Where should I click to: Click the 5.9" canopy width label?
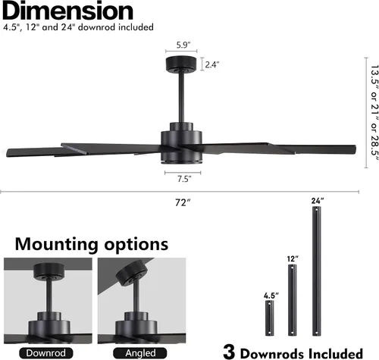click(183, 45)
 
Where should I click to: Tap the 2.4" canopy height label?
click(212, 64)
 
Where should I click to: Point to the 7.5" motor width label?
click(184, 179)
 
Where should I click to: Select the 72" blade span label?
click(183, 202)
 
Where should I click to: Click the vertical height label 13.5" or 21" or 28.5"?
click(374, 113)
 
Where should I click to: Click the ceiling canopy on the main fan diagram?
click(181, 64)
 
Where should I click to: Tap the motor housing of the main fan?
click(181, 143)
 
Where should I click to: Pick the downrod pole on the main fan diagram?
click(181, 97)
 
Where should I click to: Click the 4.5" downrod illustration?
click(270, 318)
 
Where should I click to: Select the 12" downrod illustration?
click(293, 300)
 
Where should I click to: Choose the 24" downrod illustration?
click(316, 271)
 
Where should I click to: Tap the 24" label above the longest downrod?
click(318, 201)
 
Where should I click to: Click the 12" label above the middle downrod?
click(293, 259)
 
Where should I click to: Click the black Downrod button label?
click(46, 353)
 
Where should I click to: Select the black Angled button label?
click(140, 353)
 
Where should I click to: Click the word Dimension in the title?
click(67, 11)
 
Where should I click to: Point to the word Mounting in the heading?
click(57, 244)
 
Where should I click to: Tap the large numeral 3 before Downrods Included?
click(229, 351)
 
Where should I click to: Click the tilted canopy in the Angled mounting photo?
click(131, 273)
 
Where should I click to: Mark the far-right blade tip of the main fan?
click(356, 149)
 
